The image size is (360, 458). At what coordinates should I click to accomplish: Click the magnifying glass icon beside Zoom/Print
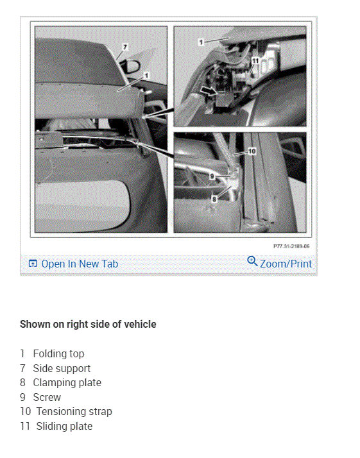pyautogui.click(x=252, y=261)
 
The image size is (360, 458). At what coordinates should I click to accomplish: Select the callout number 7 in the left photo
pyautogui.click(x=125, y=47)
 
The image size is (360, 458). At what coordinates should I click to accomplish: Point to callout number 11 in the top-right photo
pyautogui.click(x=255, y=61)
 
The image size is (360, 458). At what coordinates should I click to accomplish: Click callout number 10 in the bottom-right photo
pyautogui.click(x=252, y=151)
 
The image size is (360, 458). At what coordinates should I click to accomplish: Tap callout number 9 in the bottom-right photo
pyautogui.click(x=212, y=176)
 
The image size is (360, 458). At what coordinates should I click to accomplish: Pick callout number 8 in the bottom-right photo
pyautogui.click(x=214, y=199)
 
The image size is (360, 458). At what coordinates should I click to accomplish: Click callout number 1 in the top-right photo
pyautogui.click(x=201, y=42)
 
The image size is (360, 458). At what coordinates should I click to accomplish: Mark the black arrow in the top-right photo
pyautogui.click(x=209, y=91)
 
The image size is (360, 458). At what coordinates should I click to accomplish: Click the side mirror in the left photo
pyautogui.click(x=130, y=66)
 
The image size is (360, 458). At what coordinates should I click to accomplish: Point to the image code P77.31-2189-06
pyautogui.click(x=291, y=246)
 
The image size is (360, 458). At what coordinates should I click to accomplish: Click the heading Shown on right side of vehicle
pyautogui.click(x=88, y=324)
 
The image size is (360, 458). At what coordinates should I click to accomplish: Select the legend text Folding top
pyautogui.click(x=58, y=353)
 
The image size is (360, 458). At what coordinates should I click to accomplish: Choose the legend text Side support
pyautogui.click(x=62, y=368)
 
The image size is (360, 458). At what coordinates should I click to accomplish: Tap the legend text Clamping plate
pyautogui.click(x=67, y=383)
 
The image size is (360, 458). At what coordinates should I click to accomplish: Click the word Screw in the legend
pyautogui.click(x=47, y=397)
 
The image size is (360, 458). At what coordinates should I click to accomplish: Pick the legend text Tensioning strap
pyautogui.click(x=74, y=412)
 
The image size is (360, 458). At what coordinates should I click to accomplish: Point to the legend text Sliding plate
pyautogui.click(x=64, y=426)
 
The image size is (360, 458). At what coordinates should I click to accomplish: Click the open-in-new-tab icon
pyautogui.click(x=33, y=264)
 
